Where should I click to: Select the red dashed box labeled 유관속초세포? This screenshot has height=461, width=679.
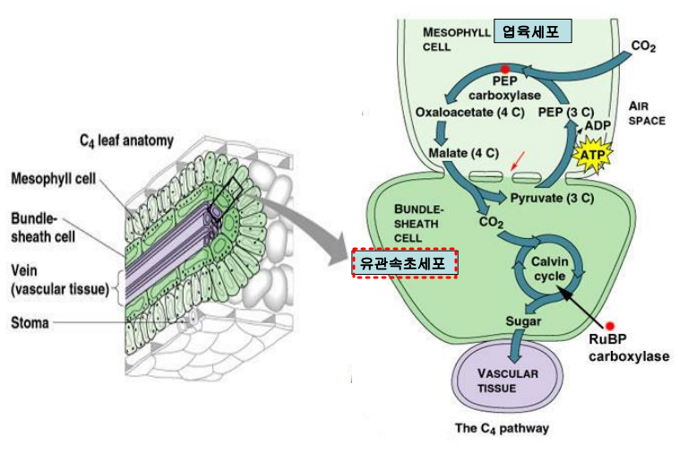[405, 263]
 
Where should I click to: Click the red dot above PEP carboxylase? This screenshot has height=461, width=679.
[505, 69]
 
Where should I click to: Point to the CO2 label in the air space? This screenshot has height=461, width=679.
[642, 46]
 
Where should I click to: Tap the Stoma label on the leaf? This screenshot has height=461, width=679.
[29, 322]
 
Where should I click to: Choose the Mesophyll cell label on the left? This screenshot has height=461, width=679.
[53, 178]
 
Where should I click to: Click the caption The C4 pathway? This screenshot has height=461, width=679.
[502, 428]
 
